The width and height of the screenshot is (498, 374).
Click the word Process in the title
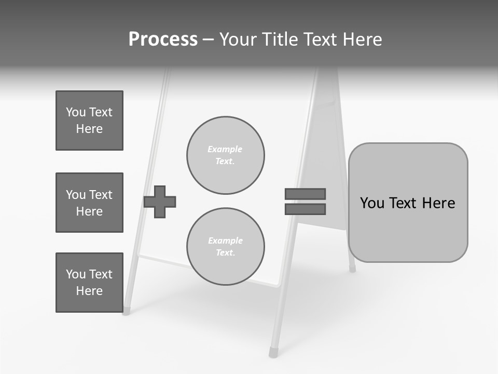tap(163, 39)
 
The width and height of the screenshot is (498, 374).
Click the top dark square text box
tap(89, 121)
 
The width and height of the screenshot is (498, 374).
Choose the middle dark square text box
tap(89, 203)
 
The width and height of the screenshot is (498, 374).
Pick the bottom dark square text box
tap(89, 283)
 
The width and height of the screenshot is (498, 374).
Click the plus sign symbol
tap(160, 202)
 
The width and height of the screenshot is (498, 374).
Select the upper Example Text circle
tap(226, 155)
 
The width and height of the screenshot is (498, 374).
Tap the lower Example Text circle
tap(226, 247)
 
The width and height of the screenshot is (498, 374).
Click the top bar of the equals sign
tap(305, 194)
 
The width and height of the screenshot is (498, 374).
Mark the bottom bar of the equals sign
tap(305, 209)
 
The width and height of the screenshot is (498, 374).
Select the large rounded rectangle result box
tap(408, 203)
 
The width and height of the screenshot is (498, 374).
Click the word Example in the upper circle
tap(225, 149)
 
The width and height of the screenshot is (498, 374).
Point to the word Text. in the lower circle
tap(225, 253)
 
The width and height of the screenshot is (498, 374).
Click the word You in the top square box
tap(76, 112)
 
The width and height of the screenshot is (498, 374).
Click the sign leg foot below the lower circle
tap(273, 353)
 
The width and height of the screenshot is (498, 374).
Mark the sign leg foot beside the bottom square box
tap(126, 311)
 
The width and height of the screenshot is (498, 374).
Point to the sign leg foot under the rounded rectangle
tap(352, 269)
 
